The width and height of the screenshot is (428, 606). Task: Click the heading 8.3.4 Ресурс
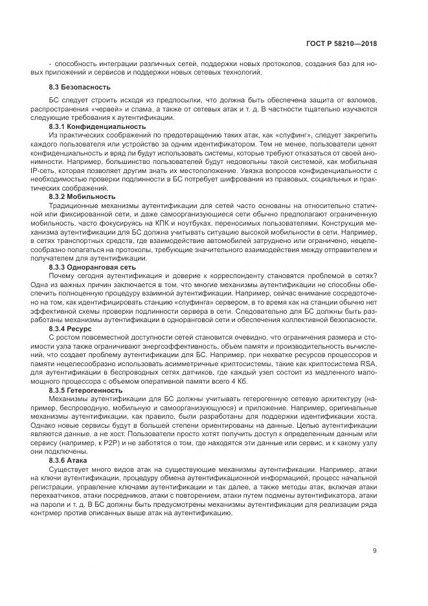coord(71,328)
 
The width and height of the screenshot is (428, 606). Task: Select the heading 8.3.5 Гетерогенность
coord(85,390)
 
